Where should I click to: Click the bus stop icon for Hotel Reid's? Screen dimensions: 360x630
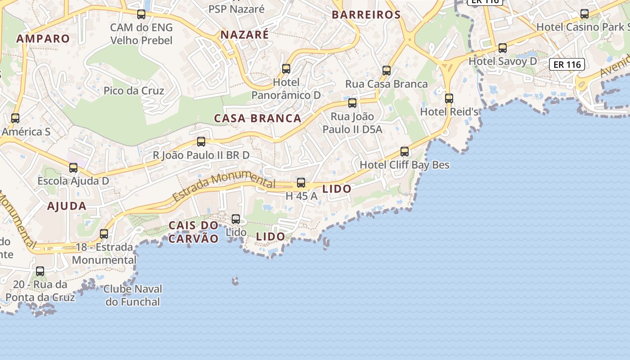tap(449, 98)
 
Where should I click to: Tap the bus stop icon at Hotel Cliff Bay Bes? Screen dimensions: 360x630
tap(405, 152)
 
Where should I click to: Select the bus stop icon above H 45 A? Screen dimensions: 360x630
tap(301, 183)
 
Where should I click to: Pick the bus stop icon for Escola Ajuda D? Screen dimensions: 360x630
tap(73, 168)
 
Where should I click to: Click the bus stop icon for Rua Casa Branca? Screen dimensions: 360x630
tap(386, 71)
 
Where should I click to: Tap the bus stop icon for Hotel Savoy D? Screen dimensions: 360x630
tap(503, 48)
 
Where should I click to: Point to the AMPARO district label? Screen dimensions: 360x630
tap(43, 39)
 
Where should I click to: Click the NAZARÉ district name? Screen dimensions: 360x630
tap(245, 35)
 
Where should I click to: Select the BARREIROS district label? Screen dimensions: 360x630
tap(366, 15)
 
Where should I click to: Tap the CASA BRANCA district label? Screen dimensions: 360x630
tap(257, 118)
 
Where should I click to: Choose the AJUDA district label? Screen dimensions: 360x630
tap(67, 206)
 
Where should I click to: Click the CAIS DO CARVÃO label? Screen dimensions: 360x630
tap(193, 232)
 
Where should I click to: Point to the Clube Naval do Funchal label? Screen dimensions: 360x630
tap(133, 295)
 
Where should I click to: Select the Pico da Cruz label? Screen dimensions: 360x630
tap(134, 90)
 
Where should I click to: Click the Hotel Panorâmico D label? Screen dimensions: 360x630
tap(286, 89)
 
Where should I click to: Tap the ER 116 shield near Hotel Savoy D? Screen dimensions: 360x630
tap(567, 64)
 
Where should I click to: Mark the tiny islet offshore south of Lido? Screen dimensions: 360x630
tap(235, 281)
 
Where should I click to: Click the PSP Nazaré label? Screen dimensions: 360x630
tap(236, 9)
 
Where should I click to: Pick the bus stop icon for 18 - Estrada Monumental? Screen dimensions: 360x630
tap(104, 234)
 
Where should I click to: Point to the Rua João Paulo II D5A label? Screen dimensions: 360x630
tap(352, 123)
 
